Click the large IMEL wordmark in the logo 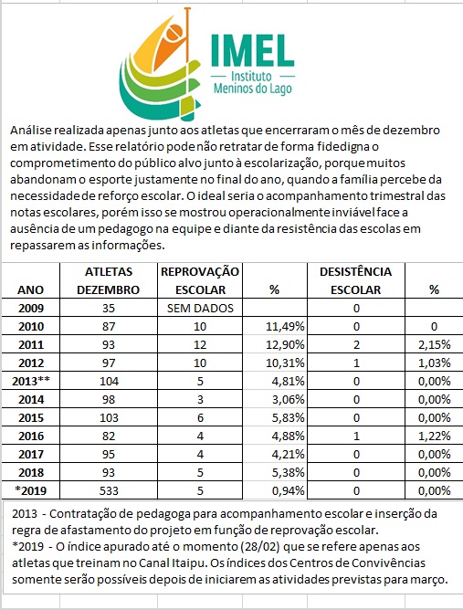[x=252, y=50]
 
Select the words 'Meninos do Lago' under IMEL [x=253, y=89]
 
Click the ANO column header [x=30, y=289]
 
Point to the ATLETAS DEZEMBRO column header [x=108, y=280]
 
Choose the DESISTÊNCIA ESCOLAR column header [x=355, y=280]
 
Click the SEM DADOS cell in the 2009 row [x=200, y=308]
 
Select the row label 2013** [x=31, y=382]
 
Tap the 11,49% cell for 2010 [x=285, y=327]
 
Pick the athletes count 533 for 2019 [x=109, y=491]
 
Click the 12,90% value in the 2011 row [x=285, y=345]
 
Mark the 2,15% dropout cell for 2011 [x=434, y=345]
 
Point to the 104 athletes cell [x=109, y=382]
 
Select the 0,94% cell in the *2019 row [x=288, y=491]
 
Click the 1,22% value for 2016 [x=434, y=436]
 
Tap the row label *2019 [x=30, y=491]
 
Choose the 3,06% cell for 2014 [x=288, y=400]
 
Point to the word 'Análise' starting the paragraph [x=30, y=130]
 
